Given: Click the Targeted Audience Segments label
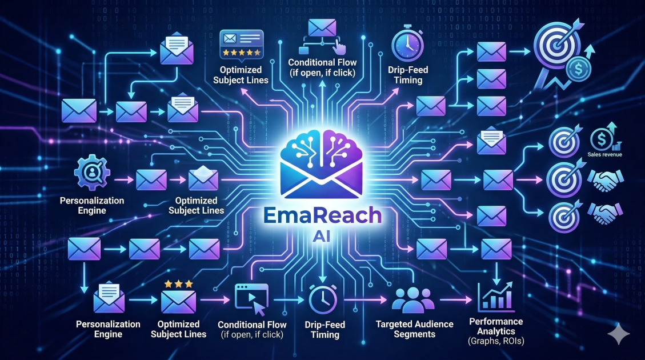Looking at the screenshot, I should point(414,329).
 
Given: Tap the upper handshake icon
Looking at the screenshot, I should point(601,181).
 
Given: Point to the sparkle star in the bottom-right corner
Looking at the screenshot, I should point(618,334).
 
